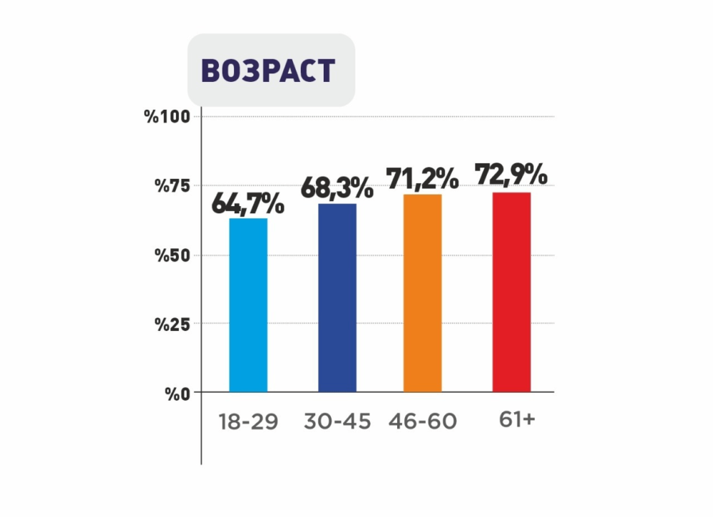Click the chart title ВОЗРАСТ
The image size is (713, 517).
[268, 71]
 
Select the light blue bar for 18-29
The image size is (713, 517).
[248, 305]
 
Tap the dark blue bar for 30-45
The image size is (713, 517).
[337, 298]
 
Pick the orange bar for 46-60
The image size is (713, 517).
[423, 293]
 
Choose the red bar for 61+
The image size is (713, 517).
[512, 292]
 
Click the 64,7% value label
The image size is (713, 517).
[248, 205]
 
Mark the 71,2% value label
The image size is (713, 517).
[423, 178]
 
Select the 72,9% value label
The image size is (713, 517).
[512, 175]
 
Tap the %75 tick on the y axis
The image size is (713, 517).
[172, 186]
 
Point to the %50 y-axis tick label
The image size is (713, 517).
[172, 255]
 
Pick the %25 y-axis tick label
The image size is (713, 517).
[172, 324]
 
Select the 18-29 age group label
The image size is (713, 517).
[248, 421]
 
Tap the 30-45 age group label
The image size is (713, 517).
[337, 421]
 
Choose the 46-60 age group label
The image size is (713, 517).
[423, 421]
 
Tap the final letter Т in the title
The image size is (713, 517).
[325, 71]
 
